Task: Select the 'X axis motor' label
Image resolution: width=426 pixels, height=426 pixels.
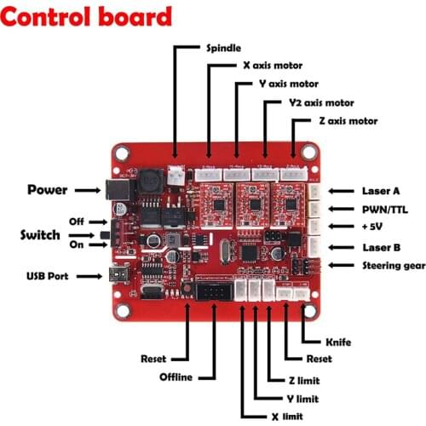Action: pyautogui.click(x=273, y=65)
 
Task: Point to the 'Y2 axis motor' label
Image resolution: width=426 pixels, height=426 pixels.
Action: pyautogui.click(x=322, y=102)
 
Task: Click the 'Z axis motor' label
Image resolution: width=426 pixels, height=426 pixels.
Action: pyautogui.click(x=347, y=121)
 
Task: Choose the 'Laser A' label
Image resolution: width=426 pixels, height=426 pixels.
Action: pyautogui.click(x=380, y=191)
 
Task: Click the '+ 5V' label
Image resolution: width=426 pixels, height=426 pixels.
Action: pyautogui.click(x=376, y=227)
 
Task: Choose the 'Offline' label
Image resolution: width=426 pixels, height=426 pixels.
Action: pyautogui.click(x=176, y=377)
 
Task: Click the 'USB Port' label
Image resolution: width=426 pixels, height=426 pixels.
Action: pyautogui.click(x=47, y=276)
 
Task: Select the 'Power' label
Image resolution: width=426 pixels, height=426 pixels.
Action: pyautogui.click(x=46, y=189)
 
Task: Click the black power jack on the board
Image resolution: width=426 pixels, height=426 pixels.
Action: pyautogui.click(x=112, y=190)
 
